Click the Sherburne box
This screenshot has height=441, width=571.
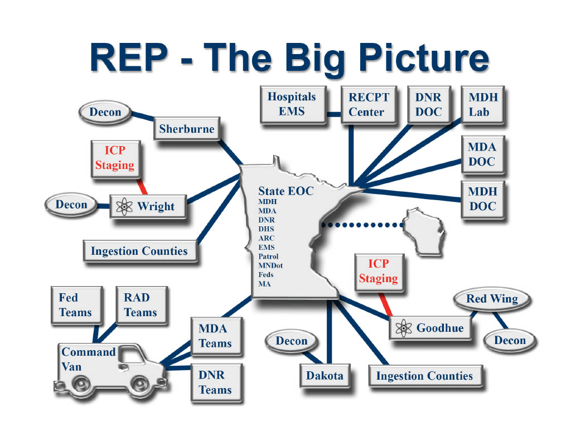pyautogui.click(x=186, y=129)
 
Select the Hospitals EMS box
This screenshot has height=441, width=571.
pyautogui.click(x=292, y=104)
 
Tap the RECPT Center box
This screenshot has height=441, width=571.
pyautogui.click(x=366, y=104)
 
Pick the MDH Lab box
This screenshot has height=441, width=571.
pyautogui.click(x=483, y=104)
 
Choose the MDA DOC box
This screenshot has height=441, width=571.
pyautogui.click(x=482, y=154)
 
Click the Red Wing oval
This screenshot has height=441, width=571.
pyautogui.click(x=492, y=299)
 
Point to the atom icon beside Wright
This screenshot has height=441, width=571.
pyautogui.click(x=124, y=206)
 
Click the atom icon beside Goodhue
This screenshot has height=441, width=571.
pyautogui.click(x=403, y=328)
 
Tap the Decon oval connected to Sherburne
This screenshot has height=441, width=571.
pyautogui.click(x=105, y=112)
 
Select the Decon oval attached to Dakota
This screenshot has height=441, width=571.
pyautogui.click(x=291, y=341)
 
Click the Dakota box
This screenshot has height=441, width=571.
pyautogui.click(x=325, y=375)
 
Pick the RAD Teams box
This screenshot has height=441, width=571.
pyautogui.click(x=141, y=305)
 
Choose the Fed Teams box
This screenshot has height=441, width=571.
pyautogui.click(x=75, y=305)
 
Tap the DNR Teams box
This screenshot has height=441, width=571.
pyautogui.click(x=215, y=382)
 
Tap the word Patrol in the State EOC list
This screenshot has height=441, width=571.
pyautogui.click(x=268, y=256)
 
